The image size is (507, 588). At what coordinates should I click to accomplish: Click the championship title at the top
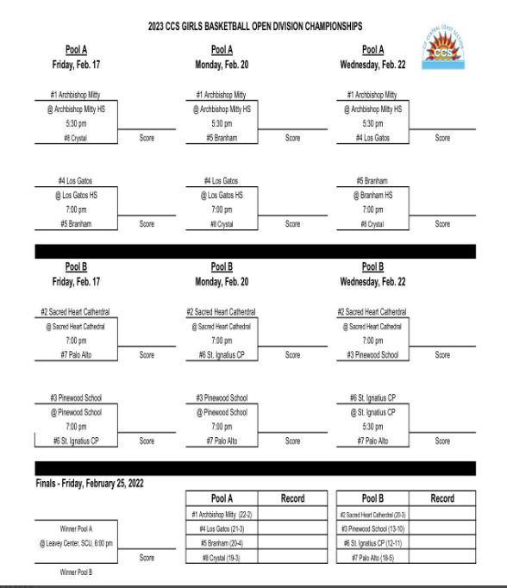tap(254, 27)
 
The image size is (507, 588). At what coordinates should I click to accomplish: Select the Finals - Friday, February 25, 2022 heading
tap(90, 483)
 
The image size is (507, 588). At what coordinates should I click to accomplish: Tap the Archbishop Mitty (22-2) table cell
tap(222, 514)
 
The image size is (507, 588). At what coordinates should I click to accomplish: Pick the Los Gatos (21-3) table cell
tap(222, 529)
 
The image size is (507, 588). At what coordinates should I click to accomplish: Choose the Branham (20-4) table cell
tap(222, 543)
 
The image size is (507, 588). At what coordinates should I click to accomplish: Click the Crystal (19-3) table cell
tap(222, 558)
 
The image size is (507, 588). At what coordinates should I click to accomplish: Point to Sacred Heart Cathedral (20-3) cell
tap(373, 514)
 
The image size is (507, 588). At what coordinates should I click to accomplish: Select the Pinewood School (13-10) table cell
tap(373, 529)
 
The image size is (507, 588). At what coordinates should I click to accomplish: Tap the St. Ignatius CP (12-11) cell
tap(373, 543)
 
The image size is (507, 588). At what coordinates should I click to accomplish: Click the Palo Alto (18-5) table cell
tap(373, 558)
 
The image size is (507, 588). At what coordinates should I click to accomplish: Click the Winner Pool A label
tap(76, 528)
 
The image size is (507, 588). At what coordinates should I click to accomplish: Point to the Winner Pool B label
tap(76, 572)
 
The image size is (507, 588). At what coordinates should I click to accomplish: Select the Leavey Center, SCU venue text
tap(76, 543)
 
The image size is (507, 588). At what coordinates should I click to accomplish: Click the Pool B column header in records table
tap(373, 498)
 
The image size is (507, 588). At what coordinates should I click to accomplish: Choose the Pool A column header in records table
tap(222, 498)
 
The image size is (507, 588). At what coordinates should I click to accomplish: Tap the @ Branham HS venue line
tap(372, 195)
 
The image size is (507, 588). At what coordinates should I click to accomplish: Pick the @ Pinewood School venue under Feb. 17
tap(76, 412)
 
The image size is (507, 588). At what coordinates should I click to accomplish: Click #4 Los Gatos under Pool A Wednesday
tap(372, 138)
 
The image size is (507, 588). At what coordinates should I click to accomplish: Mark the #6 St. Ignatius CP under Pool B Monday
tap(222, 354)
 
